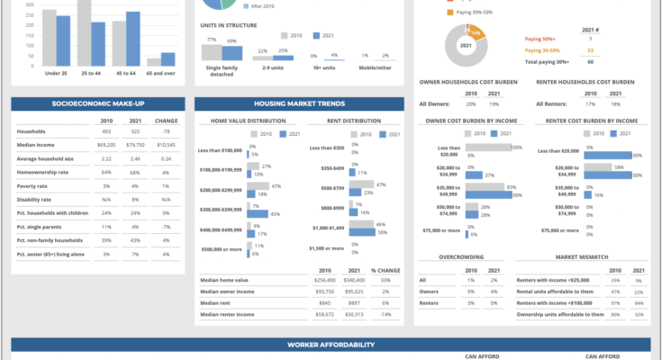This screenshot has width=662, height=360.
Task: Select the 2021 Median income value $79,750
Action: coord(134,144)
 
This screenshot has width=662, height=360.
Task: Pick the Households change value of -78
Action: coord(167,131)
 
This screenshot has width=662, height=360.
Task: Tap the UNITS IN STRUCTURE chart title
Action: coord(229,25)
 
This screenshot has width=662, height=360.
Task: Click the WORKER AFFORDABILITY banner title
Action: coord(331,345)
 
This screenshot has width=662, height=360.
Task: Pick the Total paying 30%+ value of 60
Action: coord(590,62)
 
